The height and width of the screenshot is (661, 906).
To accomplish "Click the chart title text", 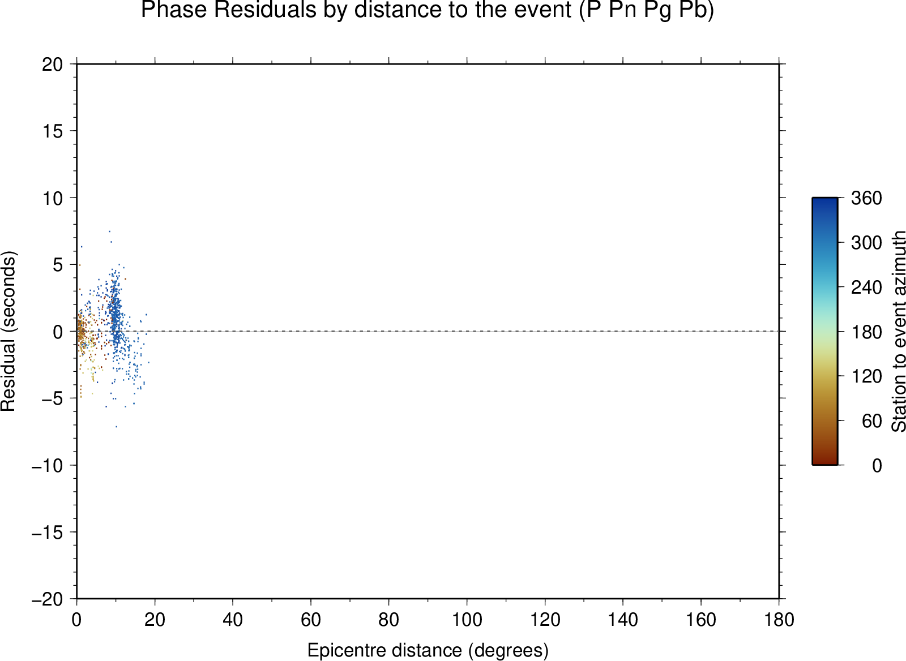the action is pyautogui.click(x=428, y=10).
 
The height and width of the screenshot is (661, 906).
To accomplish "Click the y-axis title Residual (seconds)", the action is pyautogui.click(x=8, y=332).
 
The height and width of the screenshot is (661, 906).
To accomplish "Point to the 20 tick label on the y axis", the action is pyautogui.click(x=53, y=65).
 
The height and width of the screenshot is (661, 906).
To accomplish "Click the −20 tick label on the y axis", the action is pyautogui.click(x=48, y=599).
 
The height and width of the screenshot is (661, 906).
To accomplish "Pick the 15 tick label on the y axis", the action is pyautogui.click(x=53, y=131).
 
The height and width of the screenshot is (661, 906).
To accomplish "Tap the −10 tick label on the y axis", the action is pyautogui.click(x=48, y=466).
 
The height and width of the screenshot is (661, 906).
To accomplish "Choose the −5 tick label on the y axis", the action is pyautogui.click(x=53, y=398).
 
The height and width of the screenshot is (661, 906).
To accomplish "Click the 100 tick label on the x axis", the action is pyautogui.click(x=467, y=620).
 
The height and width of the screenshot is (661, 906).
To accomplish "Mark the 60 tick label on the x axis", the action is pyautogui.click(x=311, y=620).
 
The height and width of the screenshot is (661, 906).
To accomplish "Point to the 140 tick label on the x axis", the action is pyautogui.click(x=623, y=620).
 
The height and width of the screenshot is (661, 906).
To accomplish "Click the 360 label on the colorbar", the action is pyautogui.click(x=866, y=198).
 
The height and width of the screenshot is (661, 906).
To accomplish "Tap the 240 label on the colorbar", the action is pyautogui.click(x=866, y=287).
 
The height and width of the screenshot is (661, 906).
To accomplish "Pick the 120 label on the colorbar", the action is pyautogui.click(x=866, y=376).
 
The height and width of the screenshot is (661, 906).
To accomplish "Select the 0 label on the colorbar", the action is pyautogui.click(x=877, y=466).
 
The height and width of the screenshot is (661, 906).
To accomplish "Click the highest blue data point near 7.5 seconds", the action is pyautogui.click(x=109, y=231).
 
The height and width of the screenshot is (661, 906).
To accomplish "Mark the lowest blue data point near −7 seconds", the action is pyautogui.click(x=117, y=427).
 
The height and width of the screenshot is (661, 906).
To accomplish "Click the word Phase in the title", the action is pyautogui.click(x=174, y=10).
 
